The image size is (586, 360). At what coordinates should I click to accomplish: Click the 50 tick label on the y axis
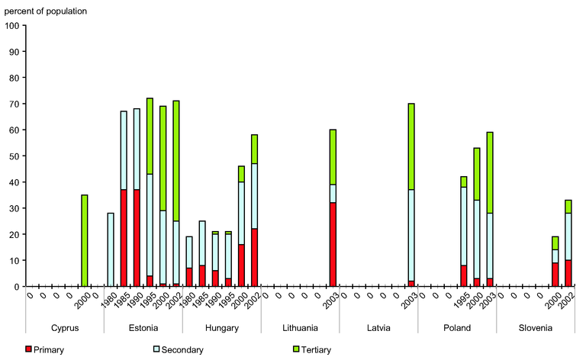[14, 156]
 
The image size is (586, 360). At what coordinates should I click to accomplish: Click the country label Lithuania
[299, 328]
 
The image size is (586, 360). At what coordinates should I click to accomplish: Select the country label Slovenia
[535, 328]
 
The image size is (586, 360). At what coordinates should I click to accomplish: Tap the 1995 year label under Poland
[462, 300]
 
